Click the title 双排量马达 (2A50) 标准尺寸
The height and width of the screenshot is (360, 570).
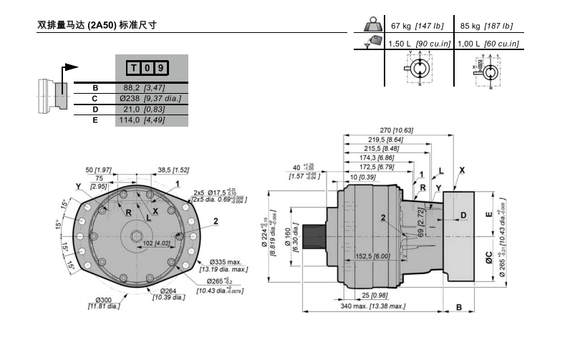point(97,24)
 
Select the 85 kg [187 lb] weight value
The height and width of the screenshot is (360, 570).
point(486,26)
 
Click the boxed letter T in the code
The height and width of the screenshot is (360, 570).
point(134,68)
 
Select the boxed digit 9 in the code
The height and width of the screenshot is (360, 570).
point(162,68)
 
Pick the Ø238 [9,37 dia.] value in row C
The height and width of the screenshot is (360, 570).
point(151,98)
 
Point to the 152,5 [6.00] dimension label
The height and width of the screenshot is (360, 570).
point(372,256)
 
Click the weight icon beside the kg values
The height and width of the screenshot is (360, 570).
point(373,26)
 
